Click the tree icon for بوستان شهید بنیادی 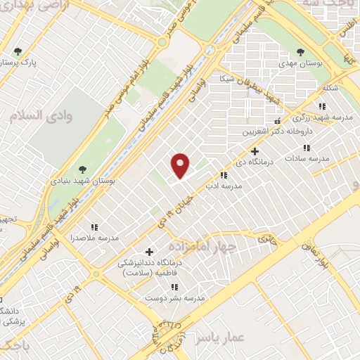[83, 169]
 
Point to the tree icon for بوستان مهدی [301, 52]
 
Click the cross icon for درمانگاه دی [255, 151]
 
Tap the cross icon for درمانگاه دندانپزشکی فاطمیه [149, 252]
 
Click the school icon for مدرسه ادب [224, 175]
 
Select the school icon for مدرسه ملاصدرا [94, 227]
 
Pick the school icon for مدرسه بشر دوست [174, 287]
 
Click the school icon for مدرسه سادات [307, 148]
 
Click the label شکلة [329, 88]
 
